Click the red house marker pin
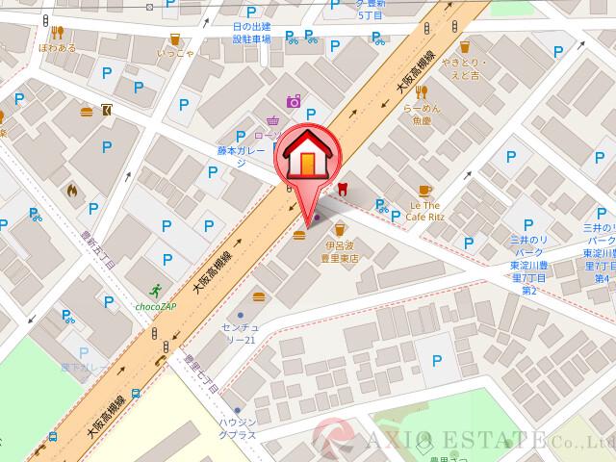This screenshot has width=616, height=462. tap(306, 159)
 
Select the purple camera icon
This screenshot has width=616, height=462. tap(293, 101)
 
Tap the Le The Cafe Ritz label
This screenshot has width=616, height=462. tap(425, 212)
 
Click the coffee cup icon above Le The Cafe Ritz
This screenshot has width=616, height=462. tap(425, 191)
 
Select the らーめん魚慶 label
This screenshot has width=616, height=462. tap(421, 115)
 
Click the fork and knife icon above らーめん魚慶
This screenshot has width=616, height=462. tap(421, 93)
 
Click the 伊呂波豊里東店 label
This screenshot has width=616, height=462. tap(341, 252)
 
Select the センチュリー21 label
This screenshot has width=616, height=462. tap(240, 334)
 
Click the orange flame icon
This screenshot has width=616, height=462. tap(70, 190)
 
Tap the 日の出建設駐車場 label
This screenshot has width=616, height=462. tap(252, 33)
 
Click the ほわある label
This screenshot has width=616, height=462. tap(58, 46)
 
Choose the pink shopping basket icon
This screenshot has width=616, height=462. tap(273, 121)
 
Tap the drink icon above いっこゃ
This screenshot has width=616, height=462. tap(174, 38)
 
